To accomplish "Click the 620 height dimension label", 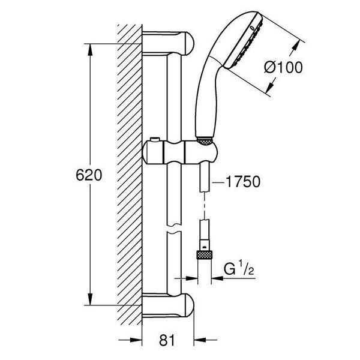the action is pyautogui.click(x=89, y=175).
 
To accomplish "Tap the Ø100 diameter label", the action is pyautogui.click(x=283, y=67).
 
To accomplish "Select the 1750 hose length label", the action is pyautogui.click(x=243, y=181).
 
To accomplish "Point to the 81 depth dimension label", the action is pyautogui.click(x=167, y=340).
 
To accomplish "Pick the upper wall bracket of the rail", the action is pyautogui.click(x=168, y=43).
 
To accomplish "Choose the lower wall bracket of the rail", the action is pyautogui.click(x=168, y=305).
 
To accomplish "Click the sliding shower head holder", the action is pyautogui.click(x=179, y=152).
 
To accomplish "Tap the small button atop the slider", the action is pyautogui.click(x=154, y=140).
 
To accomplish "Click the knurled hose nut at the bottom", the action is pyautogui.click(x=205, y=255).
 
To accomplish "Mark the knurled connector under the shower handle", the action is pyautogui.click(x=205, y=141).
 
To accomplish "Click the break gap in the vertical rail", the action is pyautogui.click(x=174, y=228).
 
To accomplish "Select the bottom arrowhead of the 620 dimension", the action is pyautogui.click(x=90, y=299).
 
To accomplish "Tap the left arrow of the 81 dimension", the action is pyautogui.click(x=136, y=340).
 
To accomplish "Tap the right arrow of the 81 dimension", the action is pyautogui.click(x=200, y=340).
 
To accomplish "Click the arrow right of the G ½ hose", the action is pyautogui.click(x=217, y=278).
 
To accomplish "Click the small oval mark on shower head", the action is pyautogui.click(x=252, y=28).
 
